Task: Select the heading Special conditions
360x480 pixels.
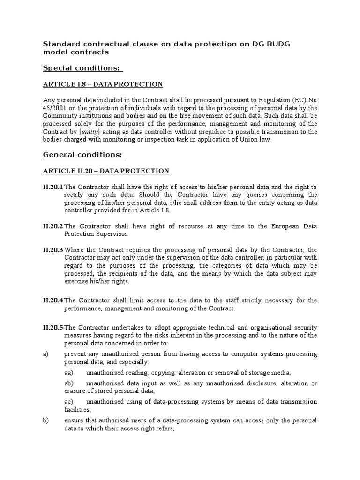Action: [82, 68]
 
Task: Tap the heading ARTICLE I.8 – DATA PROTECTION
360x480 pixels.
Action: [103, 84]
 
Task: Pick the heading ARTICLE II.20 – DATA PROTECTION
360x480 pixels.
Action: [106, 171]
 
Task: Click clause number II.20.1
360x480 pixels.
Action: [53, 187]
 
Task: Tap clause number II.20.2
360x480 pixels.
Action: [53, 226]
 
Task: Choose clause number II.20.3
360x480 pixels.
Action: [53, 250]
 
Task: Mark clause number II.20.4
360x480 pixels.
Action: [53, 300]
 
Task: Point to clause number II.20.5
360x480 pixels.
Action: [53, 327]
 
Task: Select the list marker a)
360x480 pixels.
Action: [46, 354]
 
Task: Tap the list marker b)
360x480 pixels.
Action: [46, 420]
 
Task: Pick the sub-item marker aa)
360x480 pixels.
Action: [69, 373]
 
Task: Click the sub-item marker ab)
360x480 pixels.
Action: [69, 383]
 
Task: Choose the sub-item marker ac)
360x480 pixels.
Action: [69, 402]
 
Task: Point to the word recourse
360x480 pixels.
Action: [184, 226]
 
